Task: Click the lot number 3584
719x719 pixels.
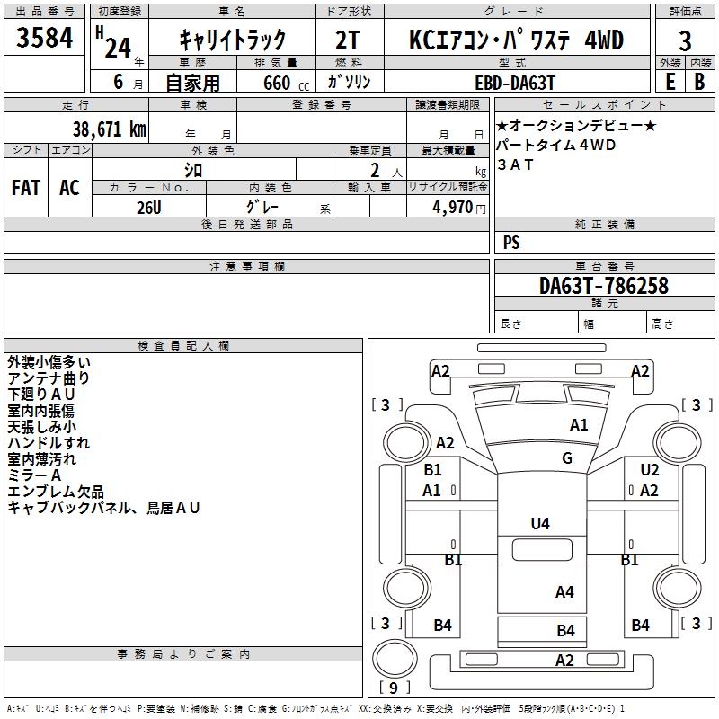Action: [44, 40]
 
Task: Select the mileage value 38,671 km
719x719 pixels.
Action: [109, 129]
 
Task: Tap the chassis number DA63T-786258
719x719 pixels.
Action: [604, 286]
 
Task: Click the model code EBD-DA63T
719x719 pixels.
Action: [510, 81]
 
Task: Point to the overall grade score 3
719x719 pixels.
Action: [685, 40]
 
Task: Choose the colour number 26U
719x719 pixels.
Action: [149, 207]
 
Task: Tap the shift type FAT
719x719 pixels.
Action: [25, 187]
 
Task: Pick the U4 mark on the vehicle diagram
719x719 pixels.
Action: [540, 523]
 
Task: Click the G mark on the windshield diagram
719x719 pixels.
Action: [567, 458]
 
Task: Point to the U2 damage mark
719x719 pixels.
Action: [649, 470]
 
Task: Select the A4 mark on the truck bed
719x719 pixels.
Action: [564, 591]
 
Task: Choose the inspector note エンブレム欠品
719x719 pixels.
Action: [56, 492]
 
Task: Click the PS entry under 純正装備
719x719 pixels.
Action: [511, 243]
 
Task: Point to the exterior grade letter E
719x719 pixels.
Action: [670, 81]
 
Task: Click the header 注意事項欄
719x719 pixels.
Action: [246, 267]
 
